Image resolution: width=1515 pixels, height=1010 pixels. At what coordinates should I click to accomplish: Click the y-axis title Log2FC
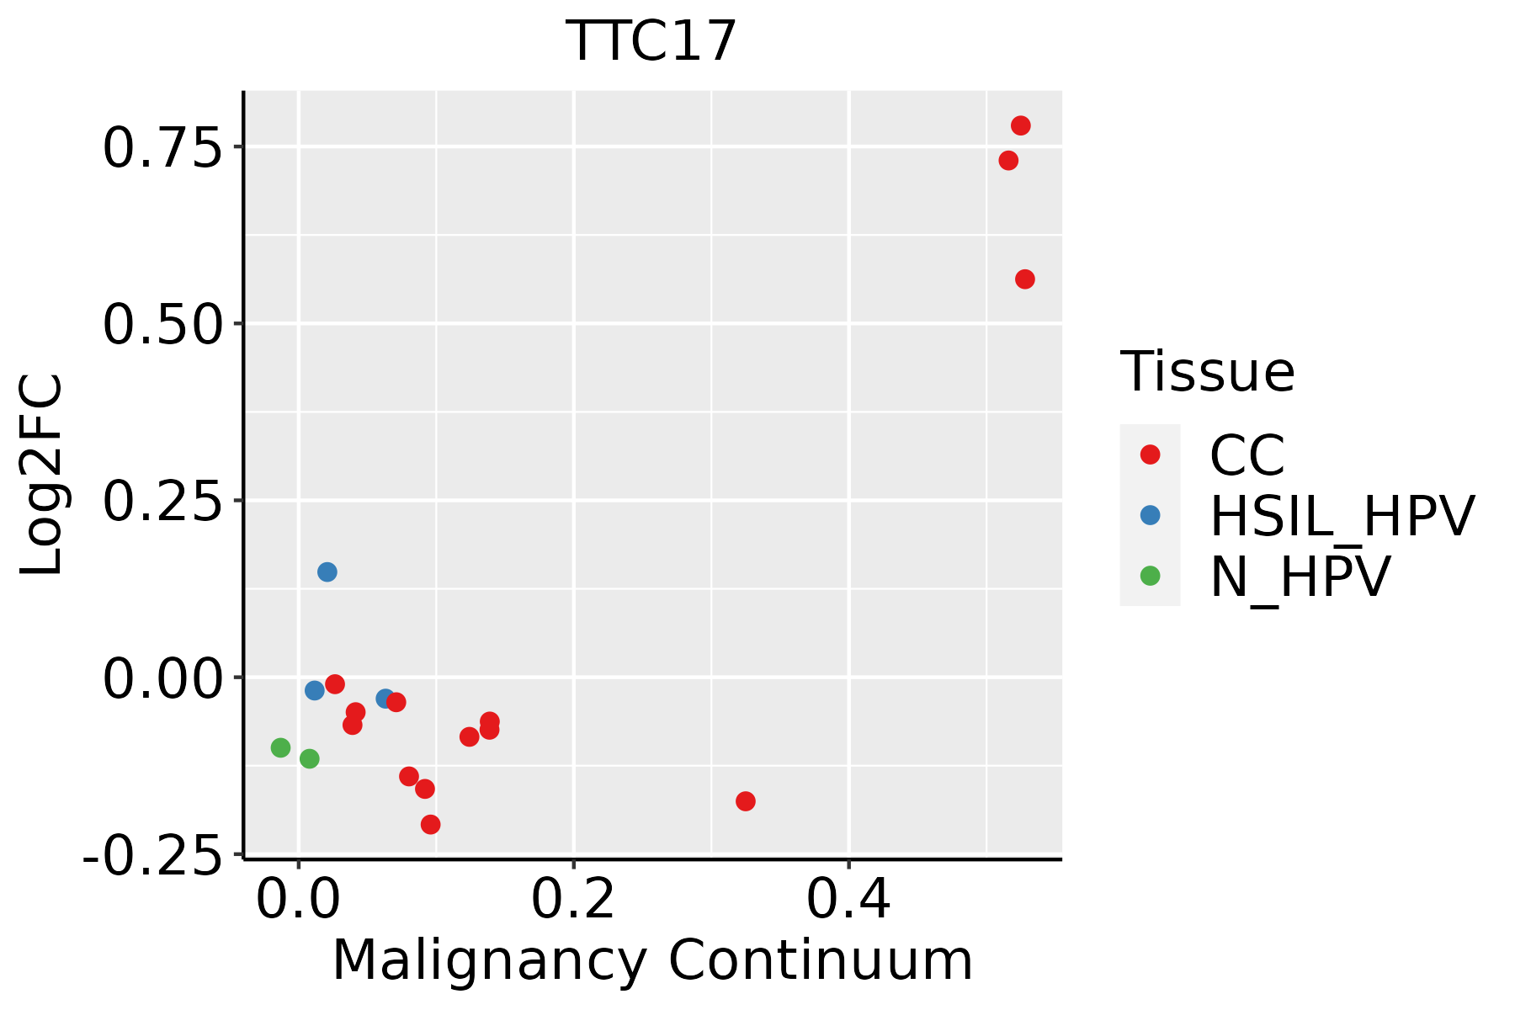42,476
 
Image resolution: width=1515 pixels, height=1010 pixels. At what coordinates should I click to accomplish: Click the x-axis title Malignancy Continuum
652,961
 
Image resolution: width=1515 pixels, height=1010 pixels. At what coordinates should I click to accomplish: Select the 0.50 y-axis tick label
160,325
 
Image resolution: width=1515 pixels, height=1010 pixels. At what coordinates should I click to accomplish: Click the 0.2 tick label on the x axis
573,901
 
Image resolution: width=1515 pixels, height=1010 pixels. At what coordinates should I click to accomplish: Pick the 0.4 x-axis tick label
848,901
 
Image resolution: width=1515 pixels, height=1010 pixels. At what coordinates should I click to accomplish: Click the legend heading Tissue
1207,372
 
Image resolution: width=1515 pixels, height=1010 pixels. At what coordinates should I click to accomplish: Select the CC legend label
1247,455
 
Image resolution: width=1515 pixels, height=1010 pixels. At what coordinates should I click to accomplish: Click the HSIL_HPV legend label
1342,516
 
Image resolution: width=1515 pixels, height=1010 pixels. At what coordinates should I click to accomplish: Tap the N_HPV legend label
1300,577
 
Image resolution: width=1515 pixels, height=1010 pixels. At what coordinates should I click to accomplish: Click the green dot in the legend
1150,576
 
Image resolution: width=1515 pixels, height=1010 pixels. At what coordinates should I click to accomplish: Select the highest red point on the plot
1021,125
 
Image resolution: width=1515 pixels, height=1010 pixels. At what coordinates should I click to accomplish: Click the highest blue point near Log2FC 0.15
327,572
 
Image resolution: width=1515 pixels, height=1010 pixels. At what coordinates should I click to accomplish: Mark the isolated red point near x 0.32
746,801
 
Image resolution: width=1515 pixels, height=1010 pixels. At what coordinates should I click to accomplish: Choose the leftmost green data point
281,747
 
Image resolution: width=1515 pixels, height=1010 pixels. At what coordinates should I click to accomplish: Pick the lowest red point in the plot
431,824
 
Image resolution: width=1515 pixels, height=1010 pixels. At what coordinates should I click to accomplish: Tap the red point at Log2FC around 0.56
1025,279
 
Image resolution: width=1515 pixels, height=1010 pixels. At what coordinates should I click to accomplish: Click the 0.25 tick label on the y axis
160,502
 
